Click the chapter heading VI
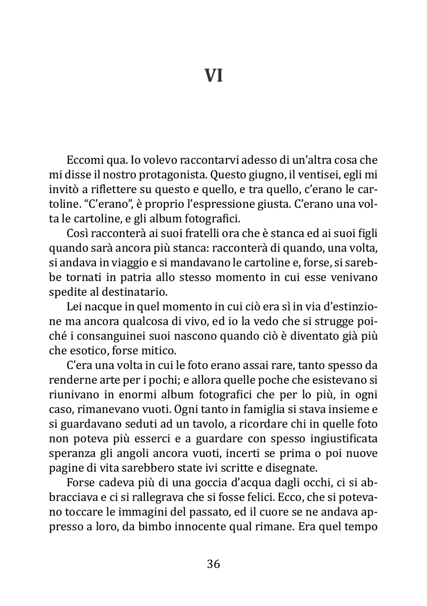213,76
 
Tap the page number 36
213,564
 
